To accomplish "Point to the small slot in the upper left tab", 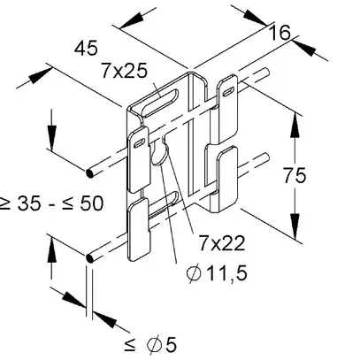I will (x=140, y=139).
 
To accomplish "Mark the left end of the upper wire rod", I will (x=91, y=171).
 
